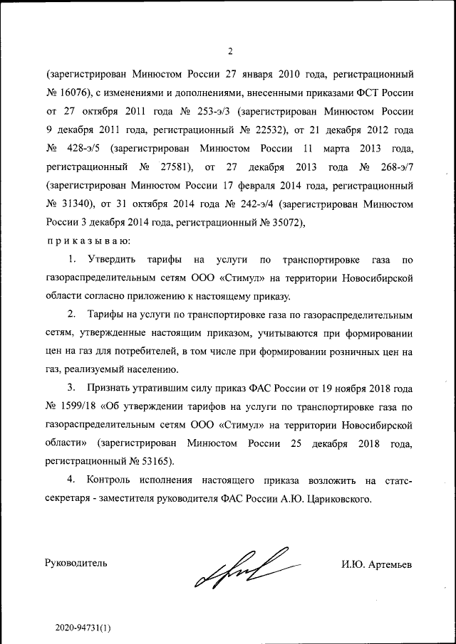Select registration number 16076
[x=73, y=93]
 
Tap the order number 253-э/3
[x=210, y=112]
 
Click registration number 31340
[x=73, y=205]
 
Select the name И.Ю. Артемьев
[x=377, y=564]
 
